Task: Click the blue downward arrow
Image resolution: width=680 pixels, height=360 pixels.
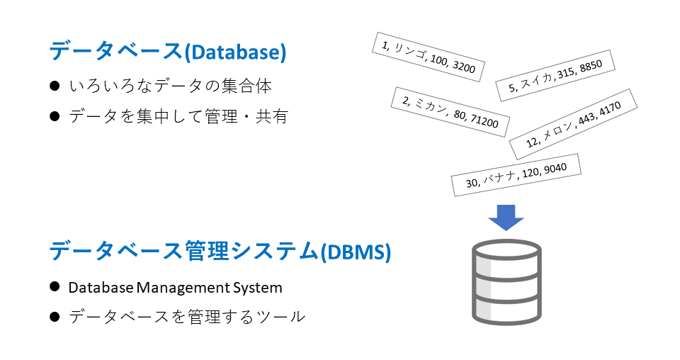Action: tap(506, 217)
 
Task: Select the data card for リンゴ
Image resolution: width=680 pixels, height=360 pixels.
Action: tap(427, 57)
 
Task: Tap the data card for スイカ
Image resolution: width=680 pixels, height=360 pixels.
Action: tap(555, 76)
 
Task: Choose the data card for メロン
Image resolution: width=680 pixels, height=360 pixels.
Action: tap(573, 123)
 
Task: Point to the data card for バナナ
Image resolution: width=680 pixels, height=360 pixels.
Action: tap(516, 174)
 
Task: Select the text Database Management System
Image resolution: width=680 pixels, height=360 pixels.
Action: tap(175, 288)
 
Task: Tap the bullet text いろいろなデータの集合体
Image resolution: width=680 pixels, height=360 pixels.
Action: tap(170, 86)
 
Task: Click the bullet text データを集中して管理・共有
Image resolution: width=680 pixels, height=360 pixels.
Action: tap(178, 116)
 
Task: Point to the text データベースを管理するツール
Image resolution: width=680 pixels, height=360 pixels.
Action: tap(187, 317)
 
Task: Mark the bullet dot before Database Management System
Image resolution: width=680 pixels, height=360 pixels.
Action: tap(55, 287)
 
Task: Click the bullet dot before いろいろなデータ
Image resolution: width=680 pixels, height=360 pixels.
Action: tap(55, 86)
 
